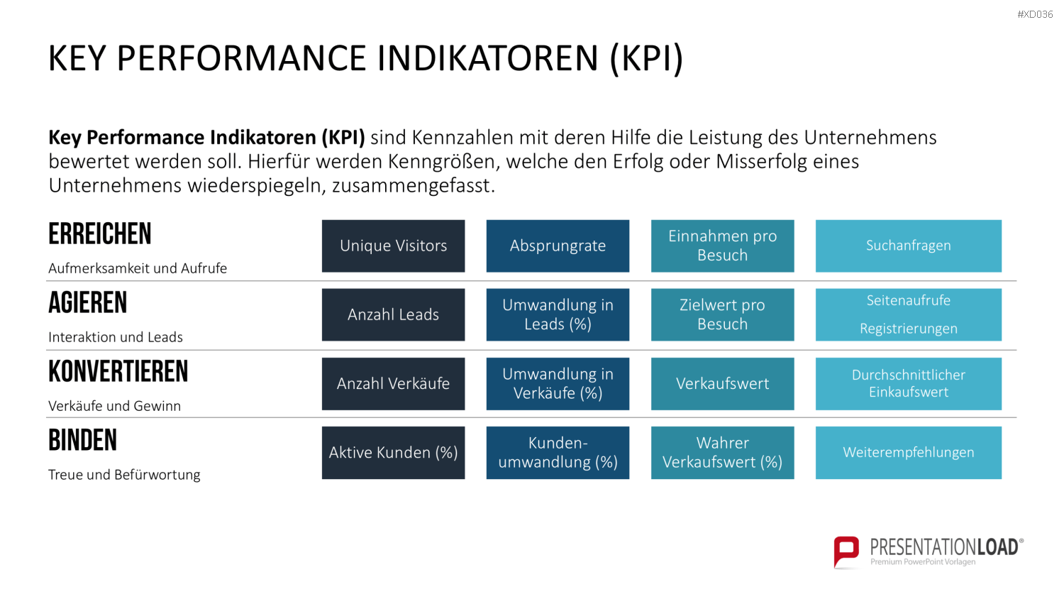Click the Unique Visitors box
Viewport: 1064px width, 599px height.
[393, 246]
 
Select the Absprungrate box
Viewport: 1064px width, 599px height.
[558, 246]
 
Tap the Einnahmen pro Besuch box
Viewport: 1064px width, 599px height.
[723, 246]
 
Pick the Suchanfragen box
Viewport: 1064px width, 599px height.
[909, 246]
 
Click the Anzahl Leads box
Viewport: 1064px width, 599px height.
[393, 314]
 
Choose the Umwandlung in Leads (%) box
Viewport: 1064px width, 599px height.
[558, 314]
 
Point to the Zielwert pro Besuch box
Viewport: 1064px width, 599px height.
[723, 314]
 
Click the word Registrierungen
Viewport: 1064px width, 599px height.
[909, 329]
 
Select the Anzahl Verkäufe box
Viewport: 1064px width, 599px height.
[393, 384]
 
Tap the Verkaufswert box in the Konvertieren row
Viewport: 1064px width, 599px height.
[723, 384]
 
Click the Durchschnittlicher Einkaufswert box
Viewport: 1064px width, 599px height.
[909, 384]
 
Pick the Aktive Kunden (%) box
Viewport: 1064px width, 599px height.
[393, 453]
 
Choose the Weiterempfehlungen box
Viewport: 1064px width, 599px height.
[909, 453]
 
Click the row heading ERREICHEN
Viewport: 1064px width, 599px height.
[100, 234]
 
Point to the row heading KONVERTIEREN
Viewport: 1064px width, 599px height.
[118, 371]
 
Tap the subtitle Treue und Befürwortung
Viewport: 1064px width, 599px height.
[124, 475]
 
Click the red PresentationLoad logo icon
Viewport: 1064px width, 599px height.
[846, 552]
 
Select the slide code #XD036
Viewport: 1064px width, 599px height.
[1035, 14]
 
